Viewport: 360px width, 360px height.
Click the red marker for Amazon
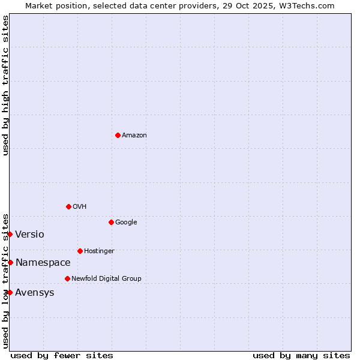click(118, 135)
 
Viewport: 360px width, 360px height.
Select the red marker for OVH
click(68, 206)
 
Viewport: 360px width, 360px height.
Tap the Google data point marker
click(111, 222)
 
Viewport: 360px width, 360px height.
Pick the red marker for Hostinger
click(80, 251)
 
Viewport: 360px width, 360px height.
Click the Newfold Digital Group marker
click(67, 278)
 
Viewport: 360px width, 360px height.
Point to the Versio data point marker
click(10, 234)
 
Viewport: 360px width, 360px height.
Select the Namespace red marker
click(10, 262)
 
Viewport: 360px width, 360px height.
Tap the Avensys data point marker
click(10, 292)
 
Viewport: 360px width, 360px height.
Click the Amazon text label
click(134, 136)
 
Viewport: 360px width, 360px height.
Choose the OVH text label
click(80, 207)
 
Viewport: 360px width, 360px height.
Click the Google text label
click(126, 223)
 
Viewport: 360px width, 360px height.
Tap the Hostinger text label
click(99, 251)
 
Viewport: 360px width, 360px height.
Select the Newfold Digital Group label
click(106, 279)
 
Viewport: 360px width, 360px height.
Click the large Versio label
click(29, 235)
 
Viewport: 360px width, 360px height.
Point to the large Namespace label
click(43, 263)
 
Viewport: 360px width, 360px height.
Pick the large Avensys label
click(35, 293)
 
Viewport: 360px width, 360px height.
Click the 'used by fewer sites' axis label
click(62, 355)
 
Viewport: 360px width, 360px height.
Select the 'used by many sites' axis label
click(301, 355)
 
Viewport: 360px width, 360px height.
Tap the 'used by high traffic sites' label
click(6, 85)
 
